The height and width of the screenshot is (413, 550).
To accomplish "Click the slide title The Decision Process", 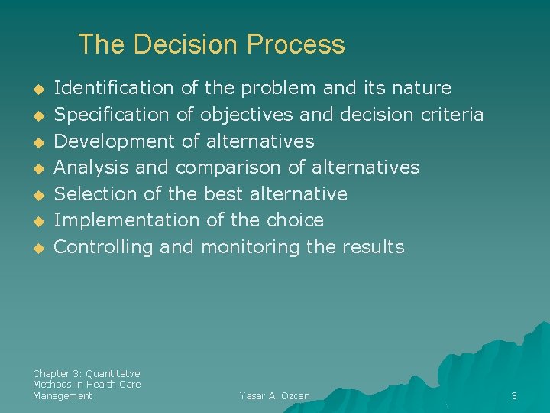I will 212,44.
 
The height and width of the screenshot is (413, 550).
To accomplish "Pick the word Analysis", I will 86,167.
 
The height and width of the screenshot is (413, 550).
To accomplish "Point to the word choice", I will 295,220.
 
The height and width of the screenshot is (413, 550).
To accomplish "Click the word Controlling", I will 104,247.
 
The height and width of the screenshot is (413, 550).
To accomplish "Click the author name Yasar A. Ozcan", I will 274,396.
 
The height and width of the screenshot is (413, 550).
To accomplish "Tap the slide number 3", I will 514,396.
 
